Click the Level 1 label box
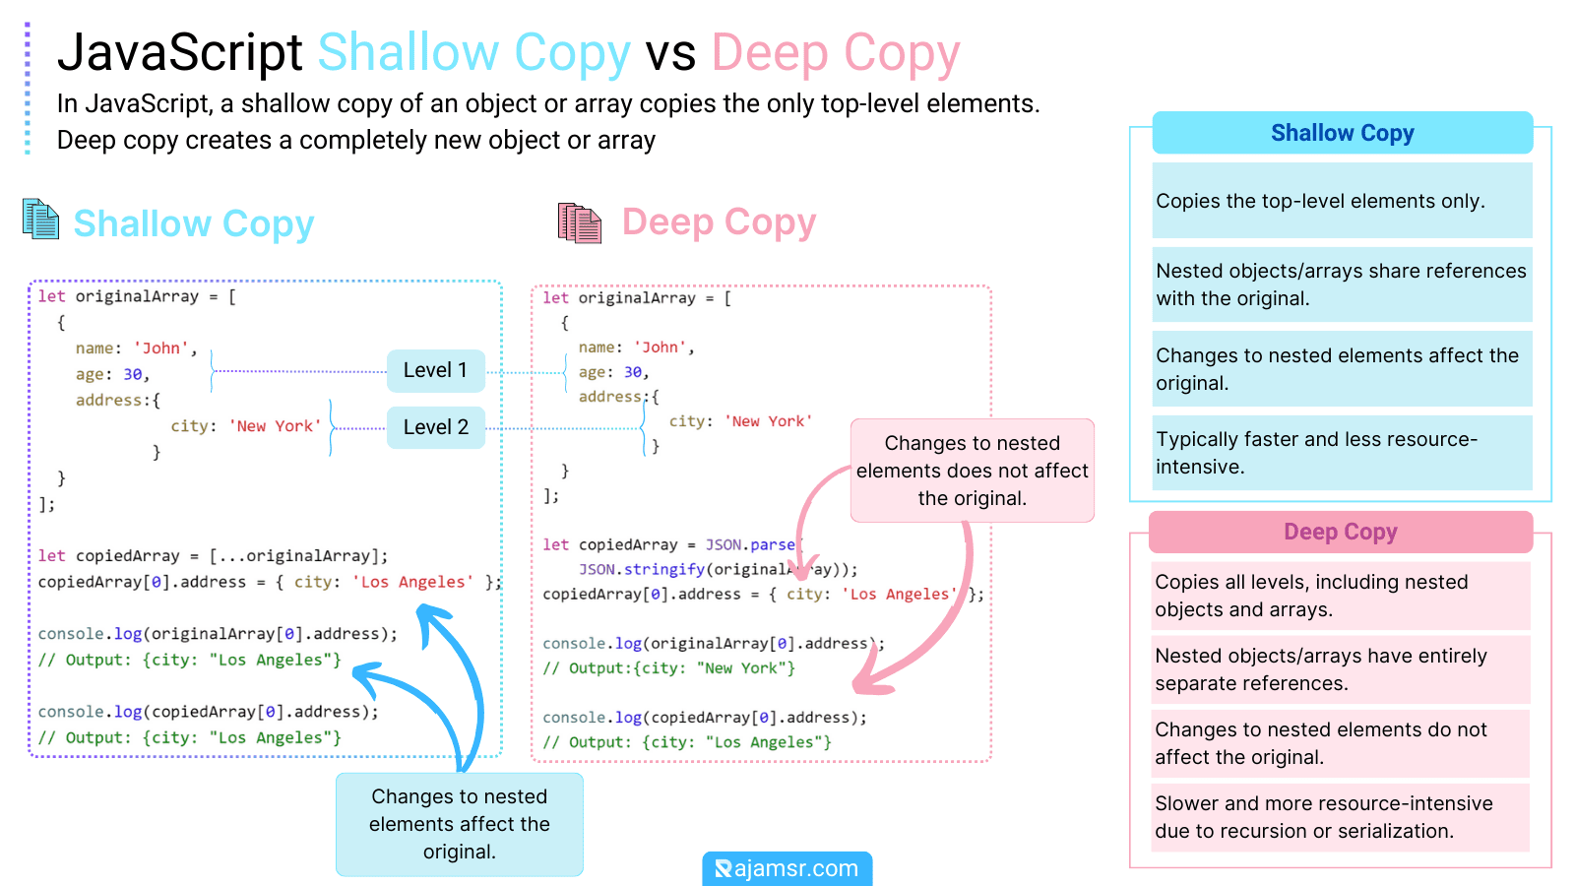435,371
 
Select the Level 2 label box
435,427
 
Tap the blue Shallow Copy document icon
40,219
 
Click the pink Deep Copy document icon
579,222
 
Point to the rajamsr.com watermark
787,868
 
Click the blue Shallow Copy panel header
1342,133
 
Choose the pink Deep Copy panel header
1340,532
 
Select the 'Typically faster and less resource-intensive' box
1342,453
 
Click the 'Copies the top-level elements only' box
1342,201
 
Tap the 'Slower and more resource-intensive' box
1340,817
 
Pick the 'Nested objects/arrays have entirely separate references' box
1340,669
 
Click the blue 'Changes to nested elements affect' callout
460,824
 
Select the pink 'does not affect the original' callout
972,471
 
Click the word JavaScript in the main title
180,52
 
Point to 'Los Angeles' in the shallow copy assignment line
416,582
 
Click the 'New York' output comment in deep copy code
669,668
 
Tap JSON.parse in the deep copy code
750,544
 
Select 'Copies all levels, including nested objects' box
1340,596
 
